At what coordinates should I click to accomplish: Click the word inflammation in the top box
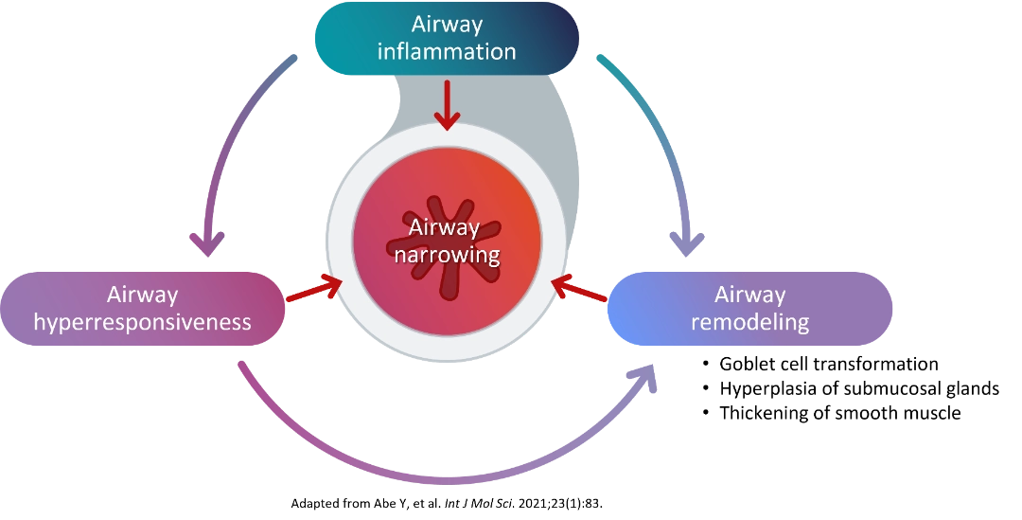coord(447,51)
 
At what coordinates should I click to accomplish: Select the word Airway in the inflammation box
coord(447,25)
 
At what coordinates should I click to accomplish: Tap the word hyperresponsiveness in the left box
coord(142,321)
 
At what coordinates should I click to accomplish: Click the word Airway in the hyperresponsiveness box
coord(142,295)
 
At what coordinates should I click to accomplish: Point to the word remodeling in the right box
coord(749,321)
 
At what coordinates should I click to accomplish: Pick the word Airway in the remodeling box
coord(749,295)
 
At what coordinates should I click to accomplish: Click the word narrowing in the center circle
coord(447,255)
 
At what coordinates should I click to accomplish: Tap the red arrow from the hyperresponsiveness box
coord(313,290)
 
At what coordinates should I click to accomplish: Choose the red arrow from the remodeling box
coord(579,290)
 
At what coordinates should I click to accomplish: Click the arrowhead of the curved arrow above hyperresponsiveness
coord(207,242)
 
